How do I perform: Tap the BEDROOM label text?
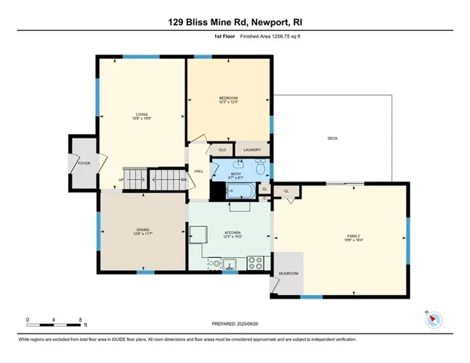click(x=229, y=99)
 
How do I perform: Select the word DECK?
click(x=332, y=138)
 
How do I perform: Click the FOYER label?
click(x=84, y=162)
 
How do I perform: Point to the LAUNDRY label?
click(x=252, y=150)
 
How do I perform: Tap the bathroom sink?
click(x=241, y=163)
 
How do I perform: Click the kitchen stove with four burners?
click(x=255, y=263)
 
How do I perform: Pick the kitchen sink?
click(x=229, y=264)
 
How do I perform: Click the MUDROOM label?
click(x=289, y=273)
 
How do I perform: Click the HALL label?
click(x=199, y=172)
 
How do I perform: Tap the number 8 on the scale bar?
click(x=81, y=320)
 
